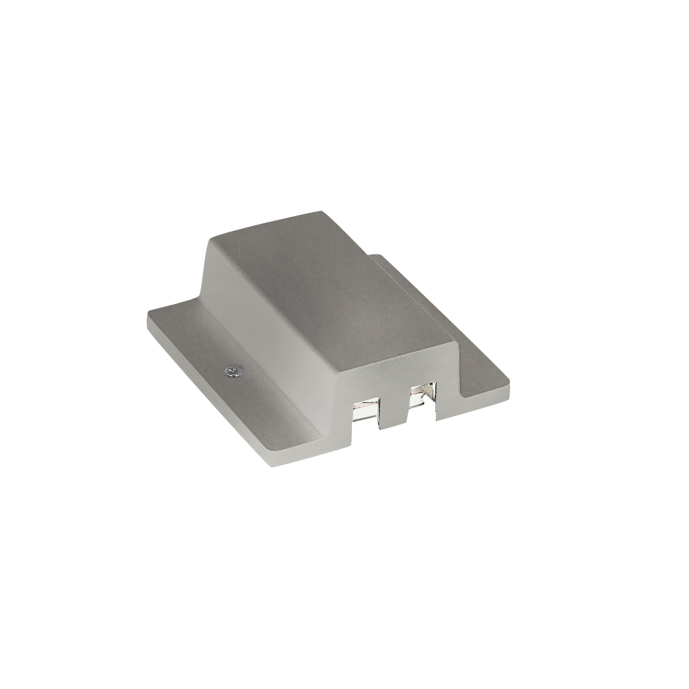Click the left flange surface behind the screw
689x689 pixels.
189,325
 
